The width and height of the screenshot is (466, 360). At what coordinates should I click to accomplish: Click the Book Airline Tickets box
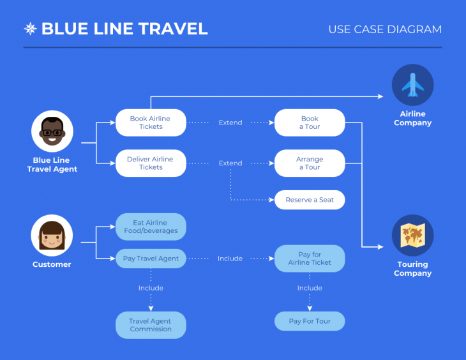click(151, 123)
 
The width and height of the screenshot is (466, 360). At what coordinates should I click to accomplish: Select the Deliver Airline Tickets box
click(151, 163)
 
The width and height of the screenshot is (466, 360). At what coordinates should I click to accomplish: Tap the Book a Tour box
click(310, 123)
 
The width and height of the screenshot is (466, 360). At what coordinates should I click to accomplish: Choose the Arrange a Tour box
click(310, 163)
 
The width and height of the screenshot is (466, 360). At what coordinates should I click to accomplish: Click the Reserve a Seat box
click(310, 200)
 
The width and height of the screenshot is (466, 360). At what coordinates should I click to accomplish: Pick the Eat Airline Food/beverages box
click(151, 227)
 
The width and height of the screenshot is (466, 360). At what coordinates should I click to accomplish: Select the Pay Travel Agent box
click(151, 259)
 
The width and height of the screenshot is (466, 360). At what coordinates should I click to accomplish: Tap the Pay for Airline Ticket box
click(310, 259)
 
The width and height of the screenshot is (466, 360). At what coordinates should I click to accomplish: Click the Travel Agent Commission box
click(151, 325)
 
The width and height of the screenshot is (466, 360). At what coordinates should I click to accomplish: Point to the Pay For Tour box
click(310, 321)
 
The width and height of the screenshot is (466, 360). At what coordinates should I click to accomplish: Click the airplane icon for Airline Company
click(412, 85)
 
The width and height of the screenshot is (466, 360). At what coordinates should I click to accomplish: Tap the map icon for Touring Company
click(412, 236)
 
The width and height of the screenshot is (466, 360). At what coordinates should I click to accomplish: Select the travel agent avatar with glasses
click(52, 131)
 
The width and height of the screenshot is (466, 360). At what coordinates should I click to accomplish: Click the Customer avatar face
click(52, 236)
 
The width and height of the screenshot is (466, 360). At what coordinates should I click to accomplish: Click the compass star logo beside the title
click(30, 29)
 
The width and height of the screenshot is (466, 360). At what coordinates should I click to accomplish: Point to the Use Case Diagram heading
click(384, 29)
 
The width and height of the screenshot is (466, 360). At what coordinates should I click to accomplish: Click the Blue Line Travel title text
click(124, 29)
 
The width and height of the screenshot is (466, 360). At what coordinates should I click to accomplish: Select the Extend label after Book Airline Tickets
click(230, 123)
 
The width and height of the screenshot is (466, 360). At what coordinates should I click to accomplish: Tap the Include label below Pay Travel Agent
click(151, 288)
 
